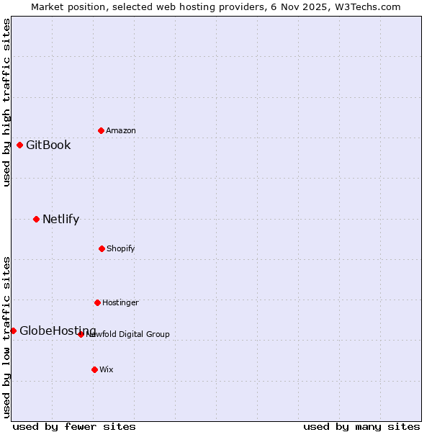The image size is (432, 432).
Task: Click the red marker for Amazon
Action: point(101,130)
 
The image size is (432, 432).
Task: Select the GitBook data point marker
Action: point(19,145)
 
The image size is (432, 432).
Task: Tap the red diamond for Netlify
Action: point(36,219)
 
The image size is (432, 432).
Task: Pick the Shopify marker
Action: point(102,248)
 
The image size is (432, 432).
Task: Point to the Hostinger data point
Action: point(97,302)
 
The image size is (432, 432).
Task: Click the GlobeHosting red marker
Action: point(13,330)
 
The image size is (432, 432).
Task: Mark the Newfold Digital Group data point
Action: point(81,334)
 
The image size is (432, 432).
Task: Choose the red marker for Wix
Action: point(94,369)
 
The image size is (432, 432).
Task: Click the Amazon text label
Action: point(121,131)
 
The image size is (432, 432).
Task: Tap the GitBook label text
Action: point(48,145)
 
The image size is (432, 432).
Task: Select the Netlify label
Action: point(60,220)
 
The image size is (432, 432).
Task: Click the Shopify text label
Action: point(121,249)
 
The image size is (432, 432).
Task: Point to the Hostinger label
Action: point(120,303)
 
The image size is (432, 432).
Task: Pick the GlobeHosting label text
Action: point(58,331)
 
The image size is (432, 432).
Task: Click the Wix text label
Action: point(107,370)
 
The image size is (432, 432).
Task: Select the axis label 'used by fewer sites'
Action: point(74,426)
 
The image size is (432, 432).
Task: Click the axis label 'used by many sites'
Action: point(361,426)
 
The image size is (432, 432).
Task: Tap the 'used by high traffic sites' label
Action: point(6,102)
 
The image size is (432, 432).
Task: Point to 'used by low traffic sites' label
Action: point(6,336)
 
